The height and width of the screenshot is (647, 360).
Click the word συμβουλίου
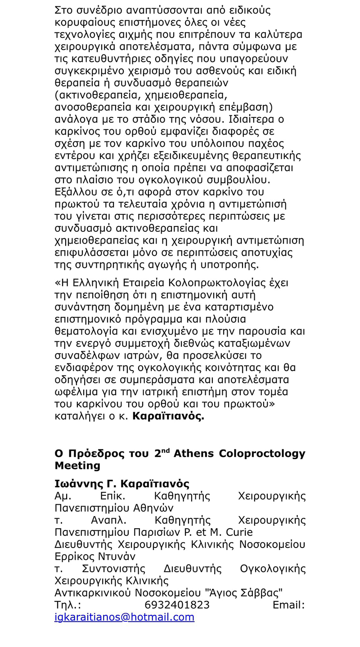click(x=238, y=180)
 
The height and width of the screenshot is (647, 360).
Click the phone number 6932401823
click(x=177, y=605)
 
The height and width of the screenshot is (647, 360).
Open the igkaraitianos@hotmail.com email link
click(x=124, y=617)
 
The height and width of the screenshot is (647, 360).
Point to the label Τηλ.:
click(x=67, y=605)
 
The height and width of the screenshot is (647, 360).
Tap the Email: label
click(x=288, y=605)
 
